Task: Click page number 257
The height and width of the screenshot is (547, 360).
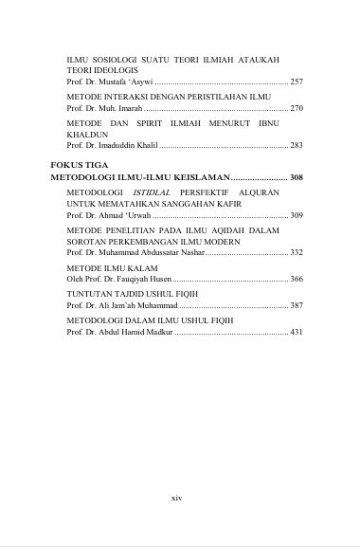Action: click(x=297, y=82)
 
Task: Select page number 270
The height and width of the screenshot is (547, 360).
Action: click(x=297, y=109)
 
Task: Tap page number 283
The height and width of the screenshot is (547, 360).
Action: click(x=297, y=146)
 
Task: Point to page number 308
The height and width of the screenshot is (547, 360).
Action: click(x=297, y=178)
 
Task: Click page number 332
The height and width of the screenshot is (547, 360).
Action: click(x=297, y=253)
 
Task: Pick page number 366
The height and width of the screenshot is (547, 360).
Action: click(x=297, y=280)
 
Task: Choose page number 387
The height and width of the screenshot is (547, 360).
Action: click(x=297, y=306)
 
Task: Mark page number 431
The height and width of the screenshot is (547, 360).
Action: click(x=297, y=333)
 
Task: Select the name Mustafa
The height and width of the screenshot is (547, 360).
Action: click(x=119, y=82)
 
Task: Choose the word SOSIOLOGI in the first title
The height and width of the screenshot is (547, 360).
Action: click(x=120, y=59)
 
